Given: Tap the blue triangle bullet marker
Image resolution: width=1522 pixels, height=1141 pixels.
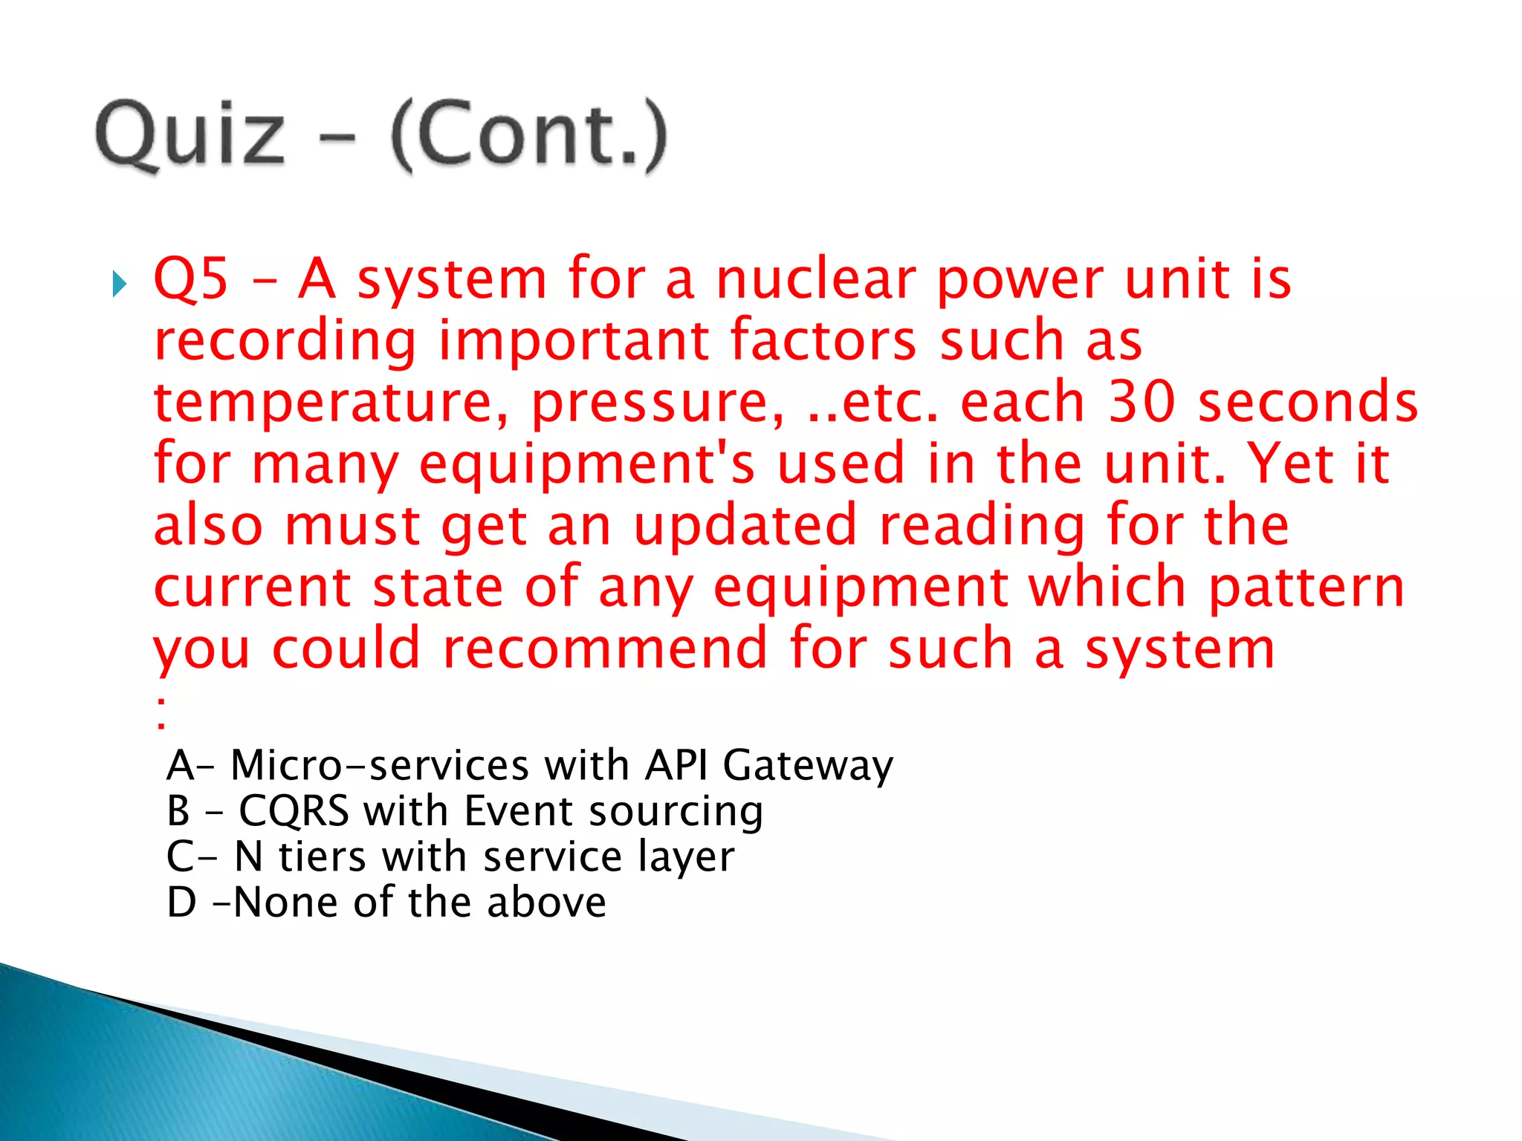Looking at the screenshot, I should pos(120,284).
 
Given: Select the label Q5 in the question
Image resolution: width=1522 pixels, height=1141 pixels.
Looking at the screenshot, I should pos(191,279).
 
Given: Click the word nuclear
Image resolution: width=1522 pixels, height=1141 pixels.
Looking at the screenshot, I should pos(815,279).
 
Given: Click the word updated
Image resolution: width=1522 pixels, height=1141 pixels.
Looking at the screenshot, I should pos(745,524).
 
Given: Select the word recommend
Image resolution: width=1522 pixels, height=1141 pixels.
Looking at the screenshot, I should pos(604,648).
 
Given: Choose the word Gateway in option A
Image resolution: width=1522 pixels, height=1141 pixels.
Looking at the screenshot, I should pos(808,765).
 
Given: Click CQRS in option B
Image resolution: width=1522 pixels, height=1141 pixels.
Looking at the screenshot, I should pos(294,810).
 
